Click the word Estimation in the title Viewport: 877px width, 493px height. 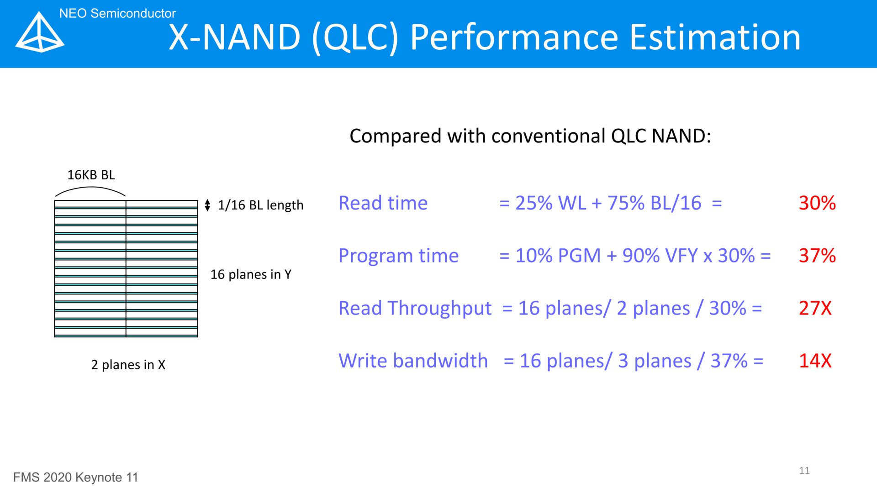click(715, 37)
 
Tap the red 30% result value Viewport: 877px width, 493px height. click(817, 203)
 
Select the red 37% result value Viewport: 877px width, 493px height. click(817, 256)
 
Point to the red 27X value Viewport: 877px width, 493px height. click(815, 308)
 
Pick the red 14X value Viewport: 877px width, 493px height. click(815, 361)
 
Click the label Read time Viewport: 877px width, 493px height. click(383, 203)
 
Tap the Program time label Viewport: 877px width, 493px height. click(398, 256)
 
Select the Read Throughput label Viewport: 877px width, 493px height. click(415, 309)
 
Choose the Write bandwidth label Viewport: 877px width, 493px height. click(413, 361)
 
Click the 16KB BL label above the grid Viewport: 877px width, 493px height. click(91, 175)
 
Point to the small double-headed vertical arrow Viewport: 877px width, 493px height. click(207, 205)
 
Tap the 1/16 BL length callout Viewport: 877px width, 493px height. click(260, 205)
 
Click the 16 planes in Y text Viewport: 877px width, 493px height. click(251, 274)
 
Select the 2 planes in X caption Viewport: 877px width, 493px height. click(128, 365)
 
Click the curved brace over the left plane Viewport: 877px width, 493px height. click(90, 187)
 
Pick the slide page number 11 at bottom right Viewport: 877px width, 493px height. click(804, 471)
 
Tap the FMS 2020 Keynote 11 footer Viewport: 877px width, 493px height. click(75, 477)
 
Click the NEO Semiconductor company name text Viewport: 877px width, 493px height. click(117, 13)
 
